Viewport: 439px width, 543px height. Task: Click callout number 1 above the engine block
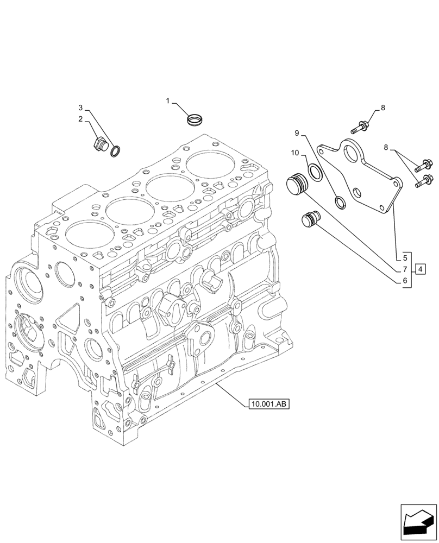pyautogui.click(x=168, y=100)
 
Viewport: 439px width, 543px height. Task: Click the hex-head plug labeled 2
pyautogui.click(x=99, y=145)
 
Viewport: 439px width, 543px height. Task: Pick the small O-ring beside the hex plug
pyautogui.click(x=116, y=151)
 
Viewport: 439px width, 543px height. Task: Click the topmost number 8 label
pyautogui.click(x=382, y=108)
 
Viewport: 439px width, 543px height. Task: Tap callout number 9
pyautogui.click(x=297, y=133)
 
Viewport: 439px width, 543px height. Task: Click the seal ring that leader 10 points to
pyautogui.click(x=315, y=172)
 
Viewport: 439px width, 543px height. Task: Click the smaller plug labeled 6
pyautogui.click(x=310, y=220)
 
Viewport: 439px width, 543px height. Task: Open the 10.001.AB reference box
pyautogui.click(x=268, y=404)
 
